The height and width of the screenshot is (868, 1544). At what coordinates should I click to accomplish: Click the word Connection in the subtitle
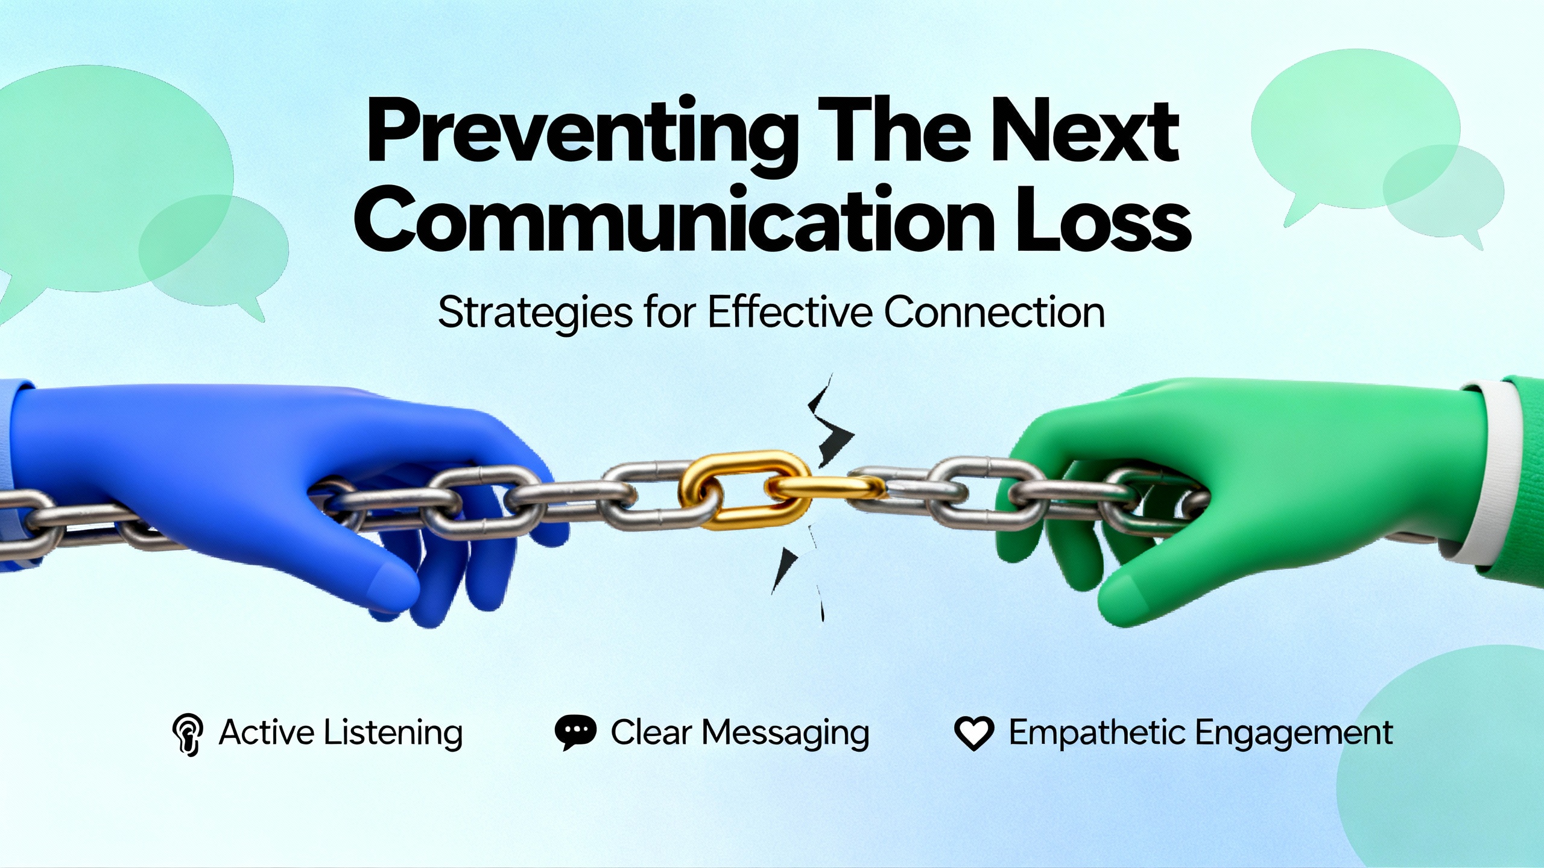point(995,312)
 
